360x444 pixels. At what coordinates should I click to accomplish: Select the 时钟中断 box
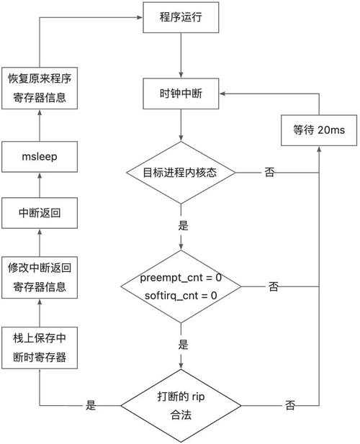(183, 94)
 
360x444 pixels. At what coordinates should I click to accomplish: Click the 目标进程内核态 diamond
(183, 173)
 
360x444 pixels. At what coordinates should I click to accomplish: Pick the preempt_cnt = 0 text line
(183, 278)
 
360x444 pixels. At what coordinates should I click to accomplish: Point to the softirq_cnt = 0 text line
(183, 294)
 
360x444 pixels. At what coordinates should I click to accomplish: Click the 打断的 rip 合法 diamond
(183, 406)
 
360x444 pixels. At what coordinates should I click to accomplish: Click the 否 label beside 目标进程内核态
(269, 173)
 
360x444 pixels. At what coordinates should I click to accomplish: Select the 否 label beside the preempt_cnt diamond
(274, 286)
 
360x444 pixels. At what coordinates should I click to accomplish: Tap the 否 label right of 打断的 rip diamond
(289, 406)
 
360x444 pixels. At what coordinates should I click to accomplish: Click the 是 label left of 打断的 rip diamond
(91, 406)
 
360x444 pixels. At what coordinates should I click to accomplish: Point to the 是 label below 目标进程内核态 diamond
(183, 225)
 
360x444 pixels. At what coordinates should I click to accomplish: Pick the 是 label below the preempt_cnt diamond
(183, 344)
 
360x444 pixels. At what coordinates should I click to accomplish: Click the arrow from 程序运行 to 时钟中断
(183, 55)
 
